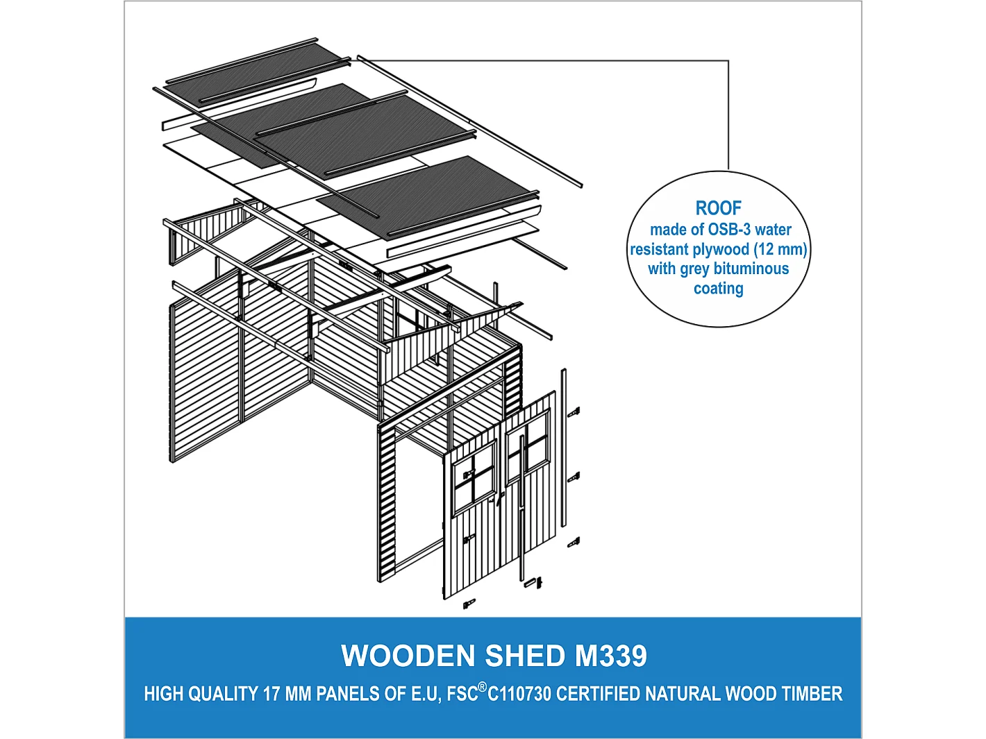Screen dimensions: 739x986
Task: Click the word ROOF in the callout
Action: click(718, 208)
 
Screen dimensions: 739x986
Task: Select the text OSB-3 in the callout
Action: click(729, 230)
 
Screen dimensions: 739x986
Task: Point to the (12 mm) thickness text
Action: click(780, 249)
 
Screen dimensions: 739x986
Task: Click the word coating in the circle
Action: click(718, 289)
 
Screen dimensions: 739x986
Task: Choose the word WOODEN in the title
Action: click(408, 656)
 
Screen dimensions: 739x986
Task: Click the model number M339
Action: click(611, 656)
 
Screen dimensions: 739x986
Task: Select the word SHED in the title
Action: click(525, 656)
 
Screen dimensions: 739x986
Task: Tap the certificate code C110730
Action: click(519, 694)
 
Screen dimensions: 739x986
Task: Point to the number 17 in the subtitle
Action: click(270, 694)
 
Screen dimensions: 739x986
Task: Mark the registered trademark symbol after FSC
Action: click(483, 686)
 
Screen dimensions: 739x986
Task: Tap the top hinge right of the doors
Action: click(574, 412)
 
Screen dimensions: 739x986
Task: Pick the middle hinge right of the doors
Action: click(574, 477)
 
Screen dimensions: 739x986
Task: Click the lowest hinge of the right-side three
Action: click(574, 543)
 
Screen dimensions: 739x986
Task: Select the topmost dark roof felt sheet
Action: click(257, 69)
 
